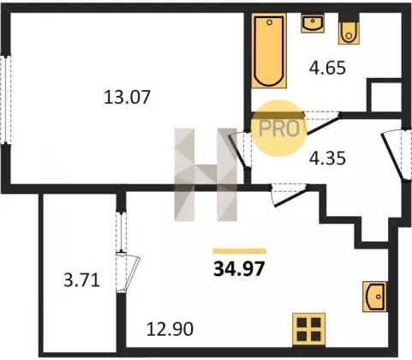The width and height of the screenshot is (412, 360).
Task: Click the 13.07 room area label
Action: pos(127,97)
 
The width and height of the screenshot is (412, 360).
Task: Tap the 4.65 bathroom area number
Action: pos(327,68)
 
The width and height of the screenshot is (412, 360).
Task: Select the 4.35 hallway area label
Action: pos(327,158)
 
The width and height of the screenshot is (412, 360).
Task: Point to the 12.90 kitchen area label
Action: pos(170,328)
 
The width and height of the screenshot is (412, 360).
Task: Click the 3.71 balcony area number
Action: pos(81,280)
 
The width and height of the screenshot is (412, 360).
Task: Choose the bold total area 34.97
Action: pos(239,269)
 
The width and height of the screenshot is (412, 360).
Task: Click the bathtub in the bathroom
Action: pos(269,51)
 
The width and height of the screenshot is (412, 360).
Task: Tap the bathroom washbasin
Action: pos(313,23)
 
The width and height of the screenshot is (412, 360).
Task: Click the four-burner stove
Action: pos(308,330)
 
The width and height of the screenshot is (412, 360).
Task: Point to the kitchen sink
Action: pos(374,297)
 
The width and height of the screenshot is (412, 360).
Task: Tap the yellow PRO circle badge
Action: pos(279,129)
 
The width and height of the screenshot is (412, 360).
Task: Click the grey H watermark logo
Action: pos(206,175)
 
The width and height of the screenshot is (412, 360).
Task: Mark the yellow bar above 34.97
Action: pos(240,251)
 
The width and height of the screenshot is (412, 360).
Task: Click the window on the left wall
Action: pos(6,99)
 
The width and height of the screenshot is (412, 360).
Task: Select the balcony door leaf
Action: pos(132,273)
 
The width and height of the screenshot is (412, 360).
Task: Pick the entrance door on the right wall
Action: pos(392,156)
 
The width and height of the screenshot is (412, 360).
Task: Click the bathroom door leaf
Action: pos(323,124)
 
